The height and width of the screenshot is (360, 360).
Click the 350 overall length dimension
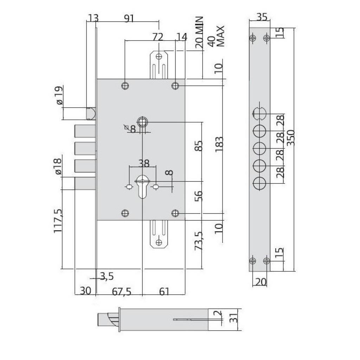[x=291, y=137]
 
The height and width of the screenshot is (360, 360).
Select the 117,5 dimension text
[x=58, y=221]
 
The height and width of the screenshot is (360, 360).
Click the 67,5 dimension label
[x=121, y=291]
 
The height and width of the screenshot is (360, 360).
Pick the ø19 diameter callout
[x=59, y=95]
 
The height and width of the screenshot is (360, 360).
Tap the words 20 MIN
[x=199, y=32]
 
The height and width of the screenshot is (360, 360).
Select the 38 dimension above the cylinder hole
[x=144, y=163]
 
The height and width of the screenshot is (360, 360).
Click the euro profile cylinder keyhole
[x=142, y=186]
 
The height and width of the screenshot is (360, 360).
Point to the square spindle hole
[x=142, y=121]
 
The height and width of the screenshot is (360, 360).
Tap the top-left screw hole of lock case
[x=125, y=86]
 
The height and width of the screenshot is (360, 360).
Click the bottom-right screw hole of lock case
[x=175, y=213]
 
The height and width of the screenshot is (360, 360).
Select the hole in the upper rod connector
[x=159, y=56]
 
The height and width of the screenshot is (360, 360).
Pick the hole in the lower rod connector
[x=159, y=242]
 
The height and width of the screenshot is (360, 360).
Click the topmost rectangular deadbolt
[x=85, y=131]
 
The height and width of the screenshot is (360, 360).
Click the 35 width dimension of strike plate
[x=262, y=17]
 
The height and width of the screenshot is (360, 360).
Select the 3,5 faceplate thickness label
[x=107, y=276]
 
